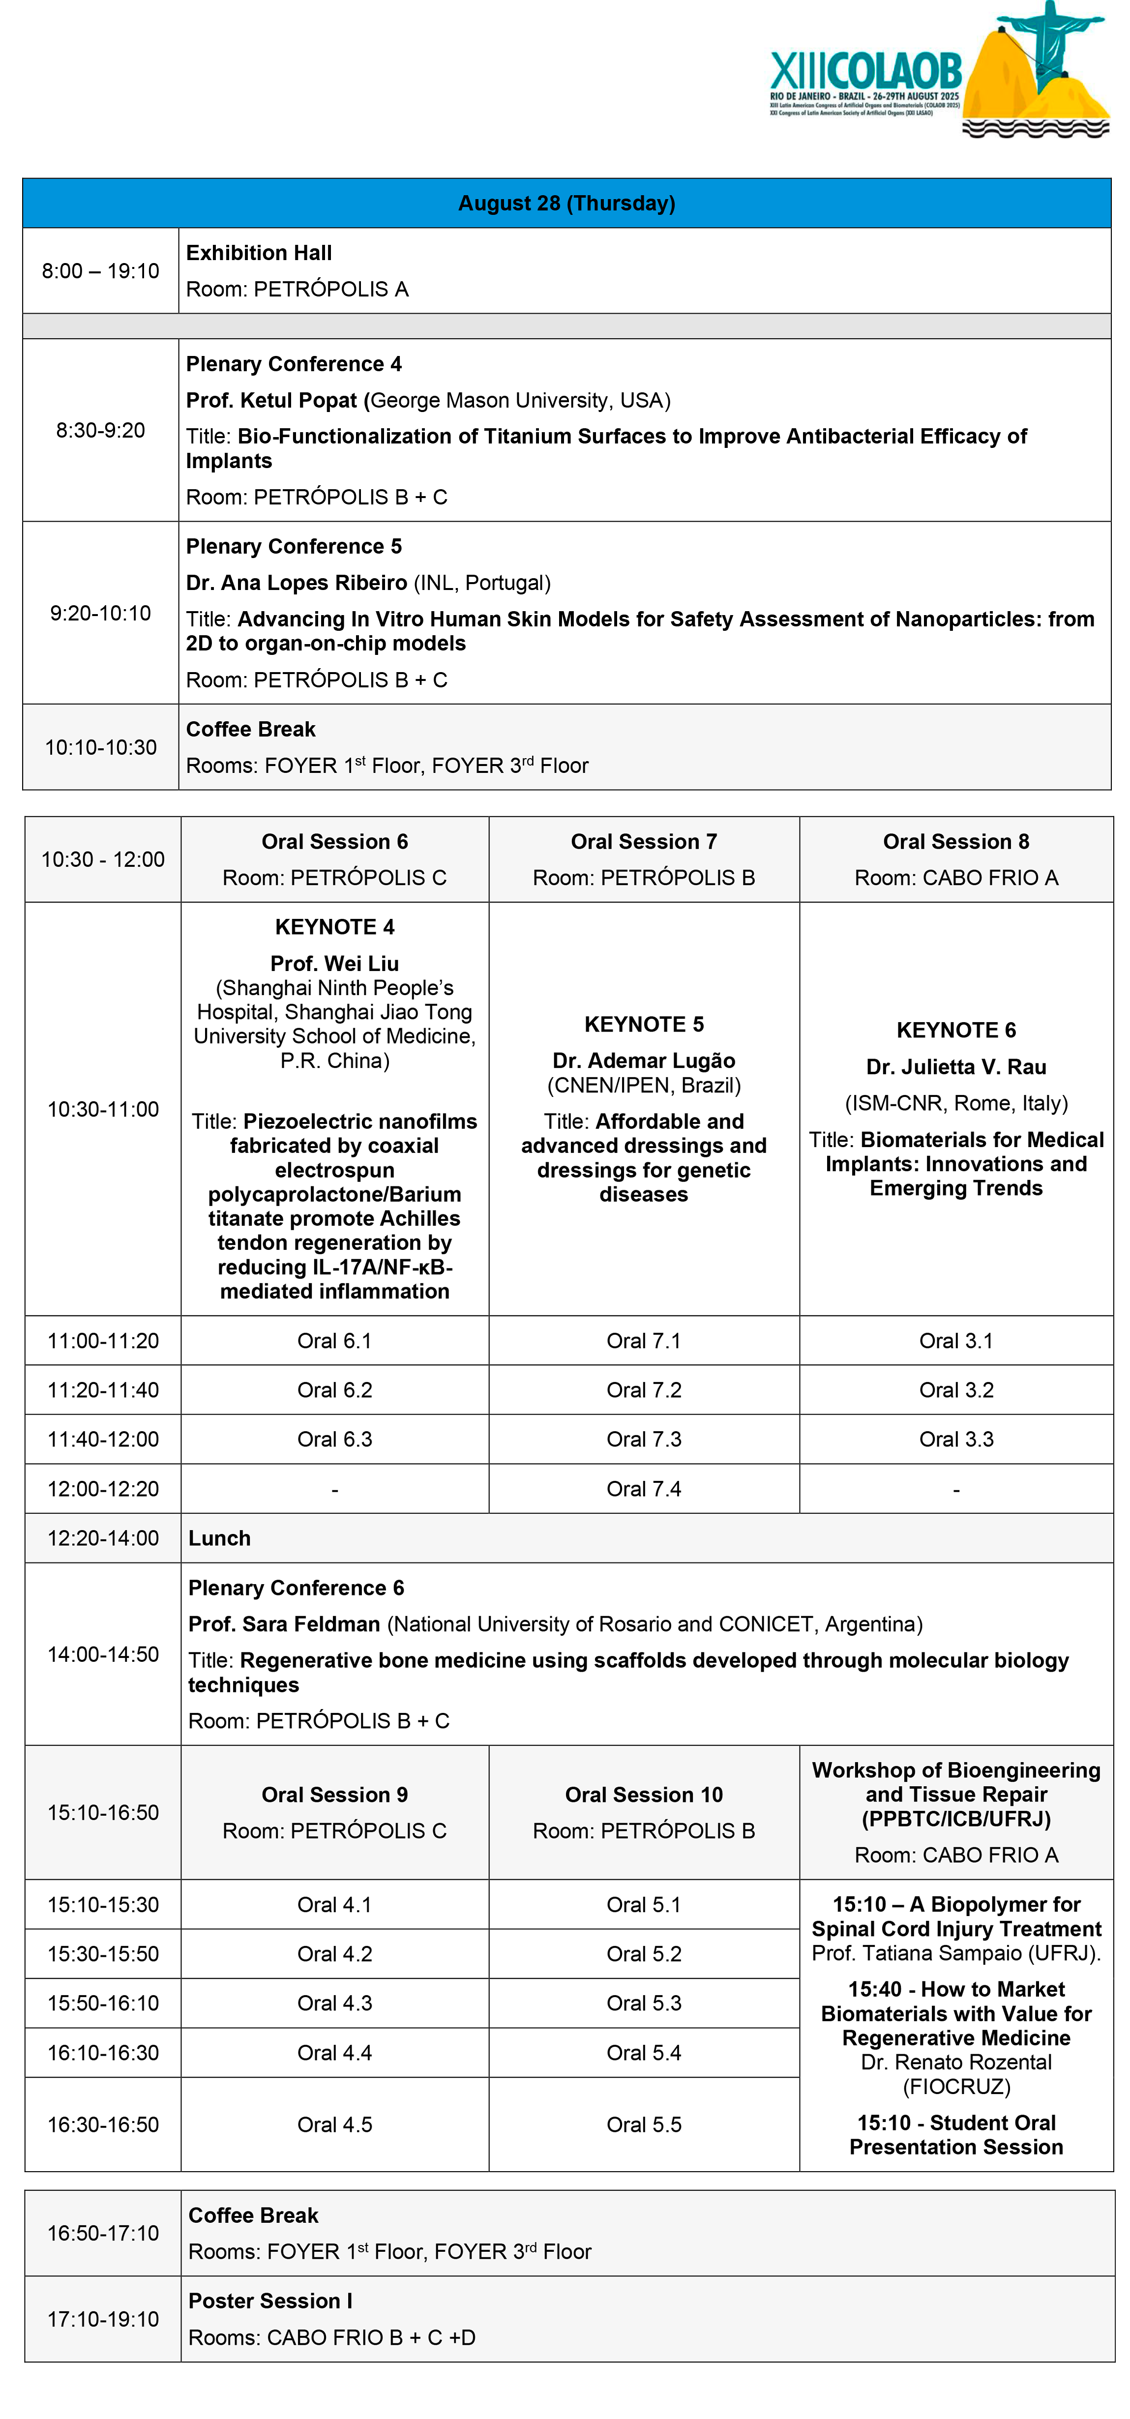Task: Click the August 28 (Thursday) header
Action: click(x=566, y=203)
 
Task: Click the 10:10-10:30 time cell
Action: click(x=100, y=747)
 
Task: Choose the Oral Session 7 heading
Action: click(x=644, y=841)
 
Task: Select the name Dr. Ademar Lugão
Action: click(x=644, y=1061)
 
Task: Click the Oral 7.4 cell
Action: click(x=644, y=1488)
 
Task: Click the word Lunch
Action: click(x=220, y=1538)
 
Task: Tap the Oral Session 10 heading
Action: click(x=644, y=1795)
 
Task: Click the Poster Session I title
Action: click(x=270, y=2301)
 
